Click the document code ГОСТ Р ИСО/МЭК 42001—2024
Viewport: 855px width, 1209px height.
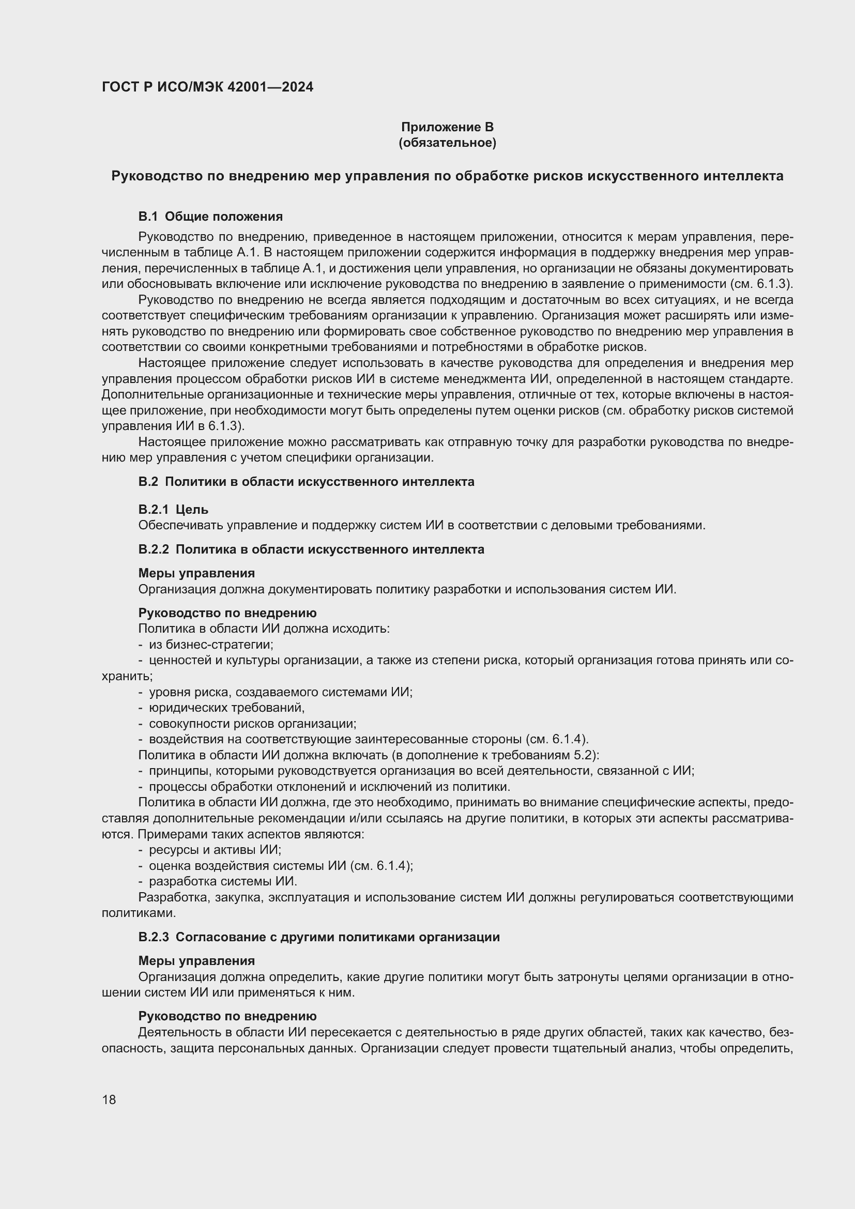click(207, 87)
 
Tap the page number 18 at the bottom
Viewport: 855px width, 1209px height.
click(109, 1099)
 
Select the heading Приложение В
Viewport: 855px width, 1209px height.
click(447, 127)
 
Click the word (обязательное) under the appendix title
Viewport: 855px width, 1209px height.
click(447, 143)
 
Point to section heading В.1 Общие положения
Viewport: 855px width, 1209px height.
click(210, 217)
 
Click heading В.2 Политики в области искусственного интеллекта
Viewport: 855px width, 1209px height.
click(306, 481)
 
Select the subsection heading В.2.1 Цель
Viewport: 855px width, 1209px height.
click(173, 509)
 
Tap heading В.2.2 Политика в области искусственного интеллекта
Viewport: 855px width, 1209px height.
click(311, 549)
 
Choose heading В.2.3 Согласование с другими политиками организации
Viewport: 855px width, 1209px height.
click(318, 937)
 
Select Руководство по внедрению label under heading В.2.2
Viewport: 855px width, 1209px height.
click(227, 613)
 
